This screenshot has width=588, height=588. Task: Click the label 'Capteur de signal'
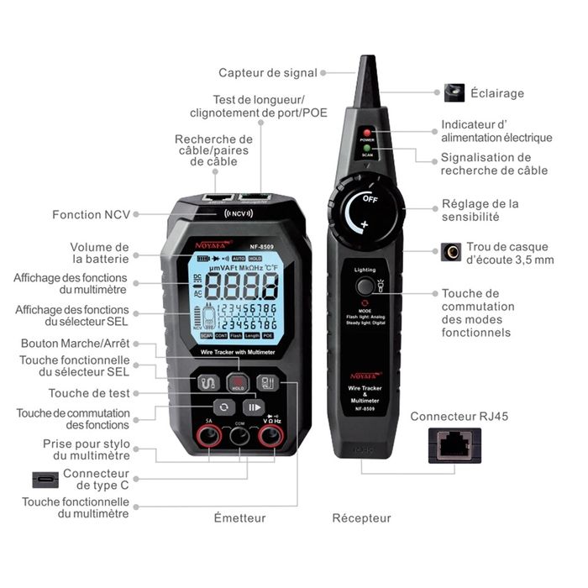pos(267,73)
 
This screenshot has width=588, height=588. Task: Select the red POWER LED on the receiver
pos(367,133)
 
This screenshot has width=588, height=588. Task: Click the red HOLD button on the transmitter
pos(238,384)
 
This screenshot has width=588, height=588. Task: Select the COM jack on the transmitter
pos(239,435)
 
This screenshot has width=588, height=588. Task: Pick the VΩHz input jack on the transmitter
pos(270,435)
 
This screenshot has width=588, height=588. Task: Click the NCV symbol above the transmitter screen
pos(238,213)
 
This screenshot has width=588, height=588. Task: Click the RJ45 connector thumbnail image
pos(454,444)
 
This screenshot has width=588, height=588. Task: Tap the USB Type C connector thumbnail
pos(46,480)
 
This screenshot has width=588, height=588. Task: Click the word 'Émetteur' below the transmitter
pos(239,518)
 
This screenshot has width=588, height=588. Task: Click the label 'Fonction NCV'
pos(91,214)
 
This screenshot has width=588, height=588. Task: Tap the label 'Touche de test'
pos(87,393)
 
